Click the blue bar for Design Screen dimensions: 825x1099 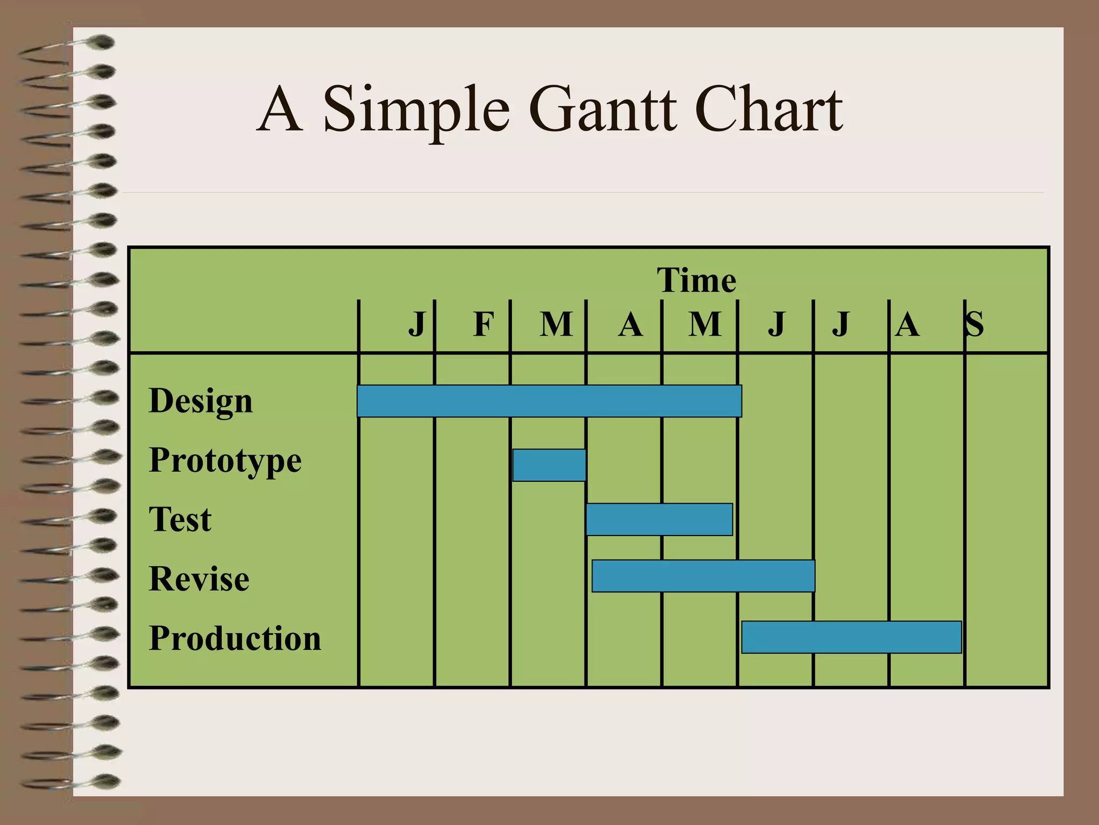coord(549,401)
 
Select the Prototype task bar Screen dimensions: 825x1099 coord(549,465)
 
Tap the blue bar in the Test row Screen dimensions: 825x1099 coord(659,519)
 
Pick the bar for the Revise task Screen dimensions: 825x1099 coord(703,576)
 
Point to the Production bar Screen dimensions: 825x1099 coord(851,637)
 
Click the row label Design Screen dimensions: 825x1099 coord(201,402)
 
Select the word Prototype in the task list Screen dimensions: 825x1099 coord(225,461)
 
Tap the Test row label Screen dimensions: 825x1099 coord(180,519)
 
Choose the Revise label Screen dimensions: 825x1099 coord(199,579)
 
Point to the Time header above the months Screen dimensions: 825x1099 coord(697,280)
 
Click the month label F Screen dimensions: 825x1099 coord(483,324)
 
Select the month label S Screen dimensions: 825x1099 coord(975,324)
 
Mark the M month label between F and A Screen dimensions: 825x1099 coord(556,324)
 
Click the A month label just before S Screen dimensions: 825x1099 coord(907,324)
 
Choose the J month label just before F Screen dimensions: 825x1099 coord(417,324)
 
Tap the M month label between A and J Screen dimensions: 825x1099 coord(705,324)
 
